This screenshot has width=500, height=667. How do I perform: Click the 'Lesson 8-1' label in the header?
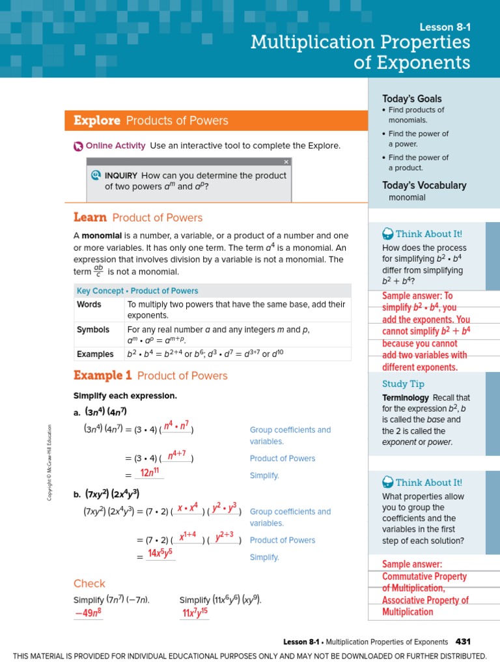point(445,27)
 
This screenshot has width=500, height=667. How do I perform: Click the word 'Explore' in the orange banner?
point(97,121)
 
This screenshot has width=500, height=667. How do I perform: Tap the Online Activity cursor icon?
point(78,146)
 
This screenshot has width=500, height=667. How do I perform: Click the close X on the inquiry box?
point(286,162)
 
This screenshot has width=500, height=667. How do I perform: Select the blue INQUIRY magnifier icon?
point(96,175)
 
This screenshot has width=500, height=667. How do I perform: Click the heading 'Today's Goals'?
point(411,98)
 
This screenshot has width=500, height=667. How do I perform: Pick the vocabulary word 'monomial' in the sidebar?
point(407,197)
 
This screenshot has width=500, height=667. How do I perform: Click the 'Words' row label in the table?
point(89,304)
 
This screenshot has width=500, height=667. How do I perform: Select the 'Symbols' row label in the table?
point(93,330)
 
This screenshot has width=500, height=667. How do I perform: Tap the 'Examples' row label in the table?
point(95,354)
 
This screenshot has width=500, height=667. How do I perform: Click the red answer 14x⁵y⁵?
point(160,554)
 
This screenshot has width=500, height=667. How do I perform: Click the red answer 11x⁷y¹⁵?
point(195,613)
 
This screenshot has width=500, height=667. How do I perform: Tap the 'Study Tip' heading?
point(403,384)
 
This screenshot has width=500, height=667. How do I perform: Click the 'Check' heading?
point(89,584)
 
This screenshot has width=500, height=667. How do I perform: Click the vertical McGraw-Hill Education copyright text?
point(49,462)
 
